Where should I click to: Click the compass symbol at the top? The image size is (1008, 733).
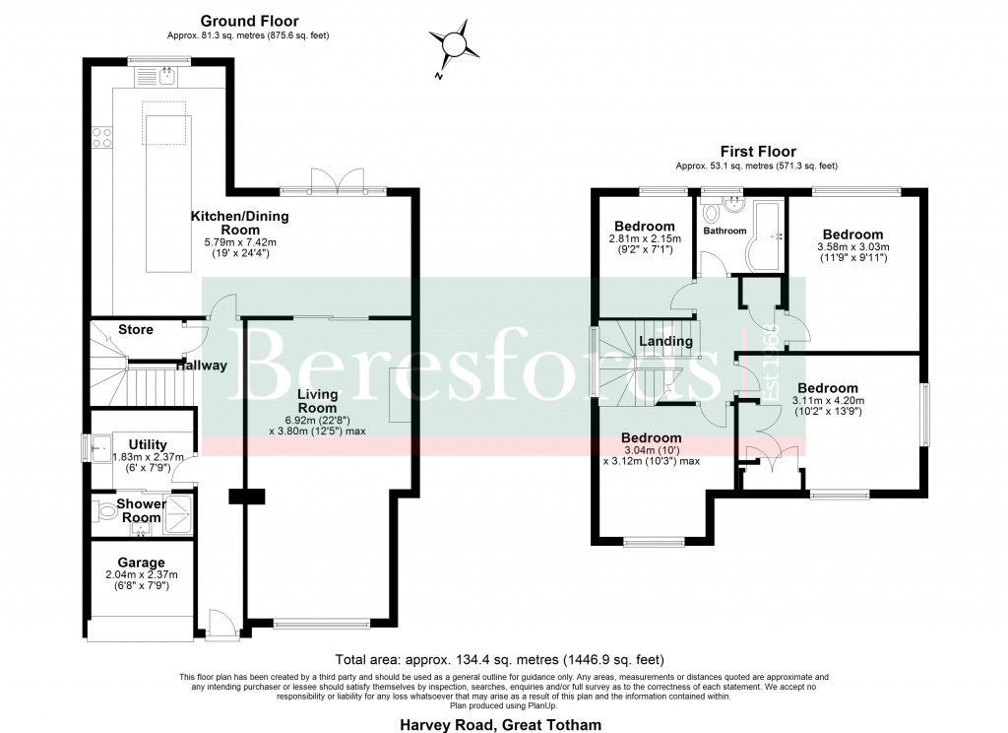(454, 44)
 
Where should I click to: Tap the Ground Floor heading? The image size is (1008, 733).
(249, 21)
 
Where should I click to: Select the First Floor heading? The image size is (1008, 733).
(757, 152)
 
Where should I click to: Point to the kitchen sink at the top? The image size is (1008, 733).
(167, 75)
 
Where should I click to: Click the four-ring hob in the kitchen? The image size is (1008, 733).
(101, 139)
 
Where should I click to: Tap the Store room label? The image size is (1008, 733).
(135, 329)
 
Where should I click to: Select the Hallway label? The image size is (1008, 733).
(203, 366)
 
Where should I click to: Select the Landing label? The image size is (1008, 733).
(665, 341)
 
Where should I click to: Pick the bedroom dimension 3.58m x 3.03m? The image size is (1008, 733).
(853, 247)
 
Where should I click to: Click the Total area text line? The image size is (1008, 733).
(500, 660)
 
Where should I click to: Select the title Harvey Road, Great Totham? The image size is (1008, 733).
(499, 724)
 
